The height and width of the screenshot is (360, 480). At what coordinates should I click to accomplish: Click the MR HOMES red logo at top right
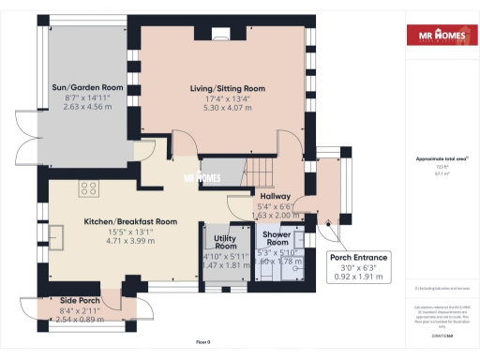coord(438,37)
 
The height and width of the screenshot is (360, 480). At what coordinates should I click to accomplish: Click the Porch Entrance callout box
coord(357,268)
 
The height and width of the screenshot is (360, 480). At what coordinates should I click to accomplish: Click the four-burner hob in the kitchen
coord(90,188)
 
